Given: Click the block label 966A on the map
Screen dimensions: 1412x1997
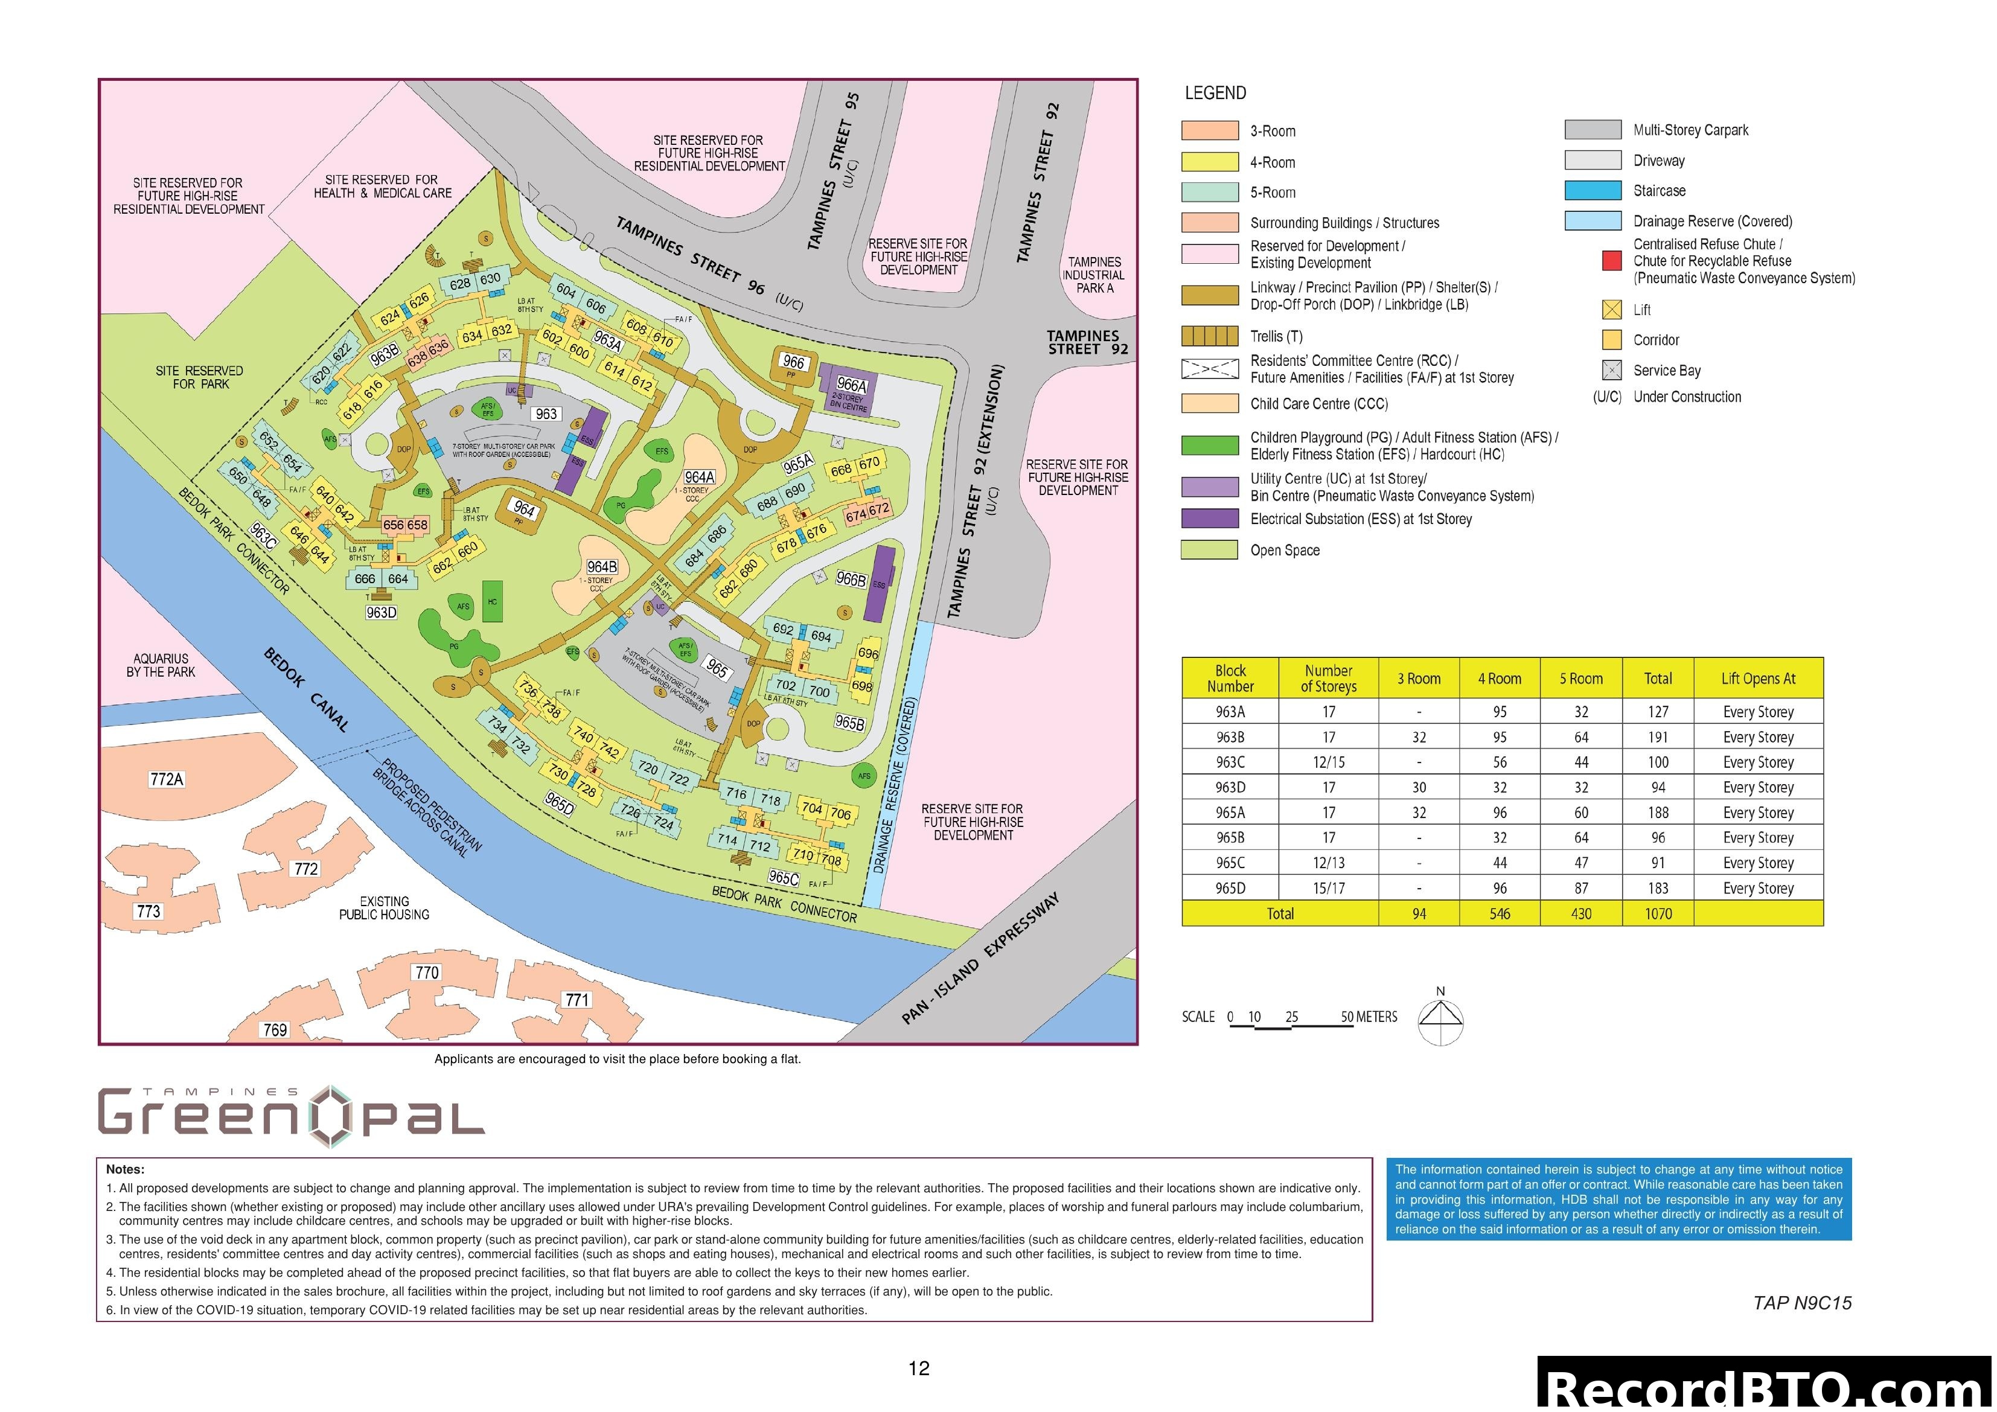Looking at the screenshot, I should [852, 385].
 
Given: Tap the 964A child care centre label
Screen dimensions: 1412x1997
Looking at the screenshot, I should [699, 478].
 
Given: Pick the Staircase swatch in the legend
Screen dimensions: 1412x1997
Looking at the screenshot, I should [1593, 191].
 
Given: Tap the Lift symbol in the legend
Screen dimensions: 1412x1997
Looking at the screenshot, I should [1612, 310].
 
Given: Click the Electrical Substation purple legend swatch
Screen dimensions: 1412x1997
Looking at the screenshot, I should [1209, 519].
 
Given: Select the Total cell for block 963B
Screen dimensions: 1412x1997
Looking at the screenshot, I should [1658, 737].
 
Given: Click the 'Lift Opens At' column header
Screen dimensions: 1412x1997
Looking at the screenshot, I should [1758, 679].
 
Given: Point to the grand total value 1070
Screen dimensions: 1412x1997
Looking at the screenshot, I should [1658, 913].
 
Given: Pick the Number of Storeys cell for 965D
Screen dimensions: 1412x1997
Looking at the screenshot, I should [1328, 888].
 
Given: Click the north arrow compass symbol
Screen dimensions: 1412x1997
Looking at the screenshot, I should [1440, 1018].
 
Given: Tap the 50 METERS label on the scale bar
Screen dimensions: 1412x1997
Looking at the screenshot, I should [1369, 1017].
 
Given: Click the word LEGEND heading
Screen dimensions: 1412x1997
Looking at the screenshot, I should [1215, 93].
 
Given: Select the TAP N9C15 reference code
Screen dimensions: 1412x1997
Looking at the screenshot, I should [1802, 1303].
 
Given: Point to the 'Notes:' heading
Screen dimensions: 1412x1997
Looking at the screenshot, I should [125, 1169].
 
